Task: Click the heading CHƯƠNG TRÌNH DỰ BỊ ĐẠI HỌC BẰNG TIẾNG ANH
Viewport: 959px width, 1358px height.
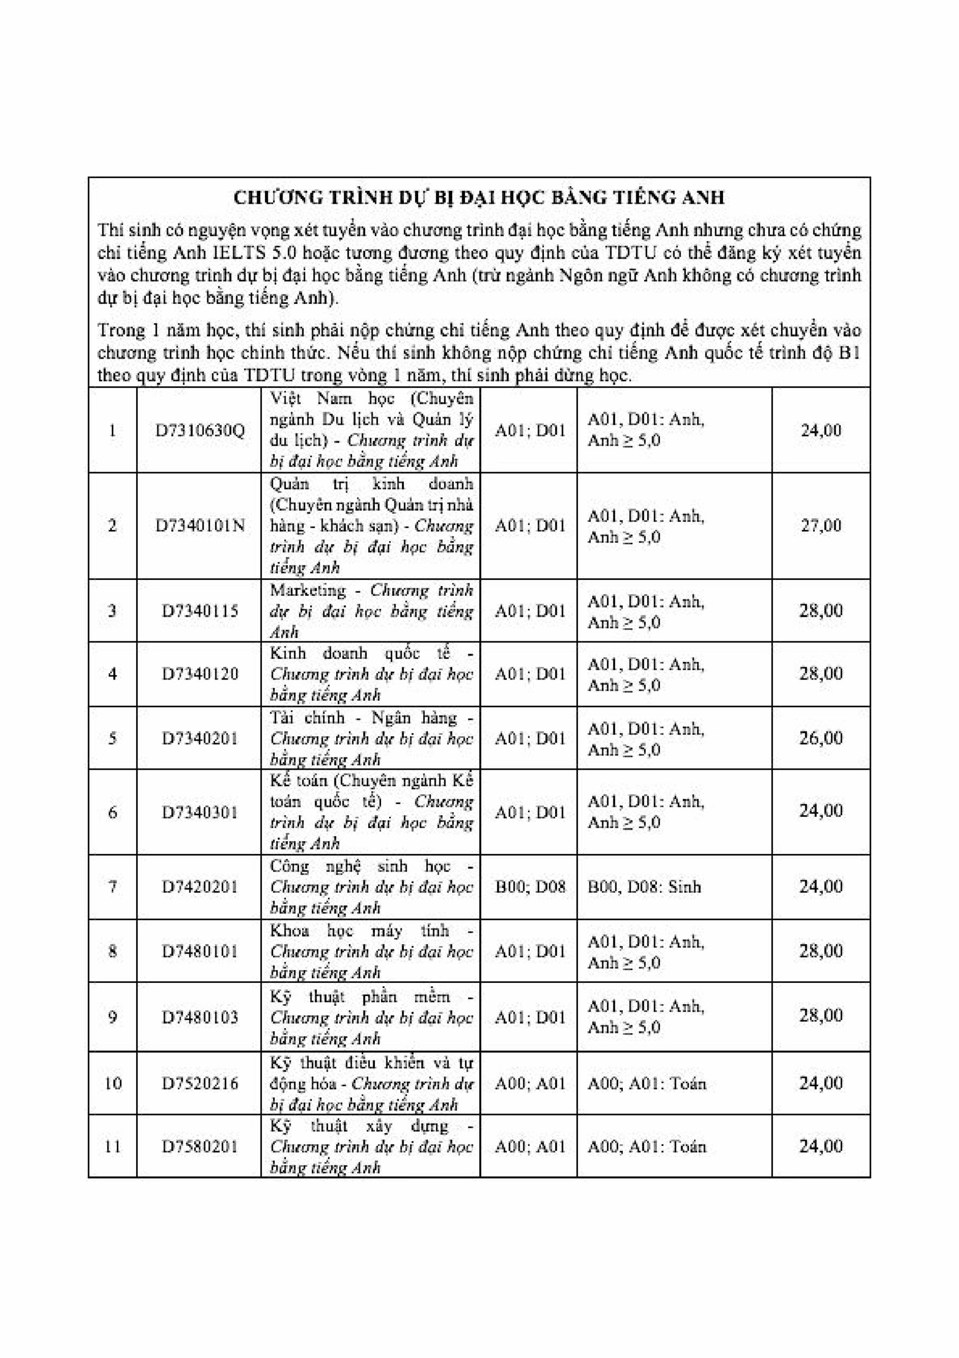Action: pos(479,197)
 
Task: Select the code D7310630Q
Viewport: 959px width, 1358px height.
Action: pos(200,430)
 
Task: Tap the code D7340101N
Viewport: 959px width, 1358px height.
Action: pos(200,525)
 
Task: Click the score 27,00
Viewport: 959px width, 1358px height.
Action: pos(821,525)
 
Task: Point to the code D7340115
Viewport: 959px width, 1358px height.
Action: pos(200,611)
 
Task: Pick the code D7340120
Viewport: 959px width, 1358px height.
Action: pos(200,674)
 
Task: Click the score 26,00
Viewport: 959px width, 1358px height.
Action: pos(821,737)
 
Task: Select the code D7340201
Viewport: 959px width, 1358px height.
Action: pos(200,738)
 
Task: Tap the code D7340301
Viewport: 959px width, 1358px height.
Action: pos(200,812)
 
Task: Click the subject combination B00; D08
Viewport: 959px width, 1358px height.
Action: pos(530,886)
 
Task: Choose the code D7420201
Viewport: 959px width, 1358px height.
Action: pos(200,886)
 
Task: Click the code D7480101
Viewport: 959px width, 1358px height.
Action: pos(200,951)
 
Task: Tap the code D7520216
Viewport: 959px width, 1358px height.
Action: pos(200,1083)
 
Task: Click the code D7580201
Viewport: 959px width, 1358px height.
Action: pos(200,1146)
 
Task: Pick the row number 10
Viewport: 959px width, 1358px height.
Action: pos(112,1083)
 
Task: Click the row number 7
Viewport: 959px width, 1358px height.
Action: pos(112,886)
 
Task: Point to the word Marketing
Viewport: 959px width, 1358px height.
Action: pos(307,590)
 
